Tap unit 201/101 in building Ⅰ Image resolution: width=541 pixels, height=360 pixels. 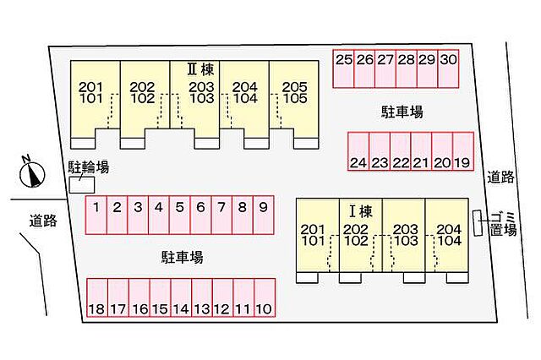tap(313, 235)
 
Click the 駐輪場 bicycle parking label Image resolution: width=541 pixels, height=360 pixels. tap(88, 168)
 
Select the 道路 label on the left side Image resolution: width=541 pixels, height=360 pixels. tap(42, 221)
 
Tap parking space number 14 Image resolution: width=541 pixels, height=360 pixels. tap(180, 309)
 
